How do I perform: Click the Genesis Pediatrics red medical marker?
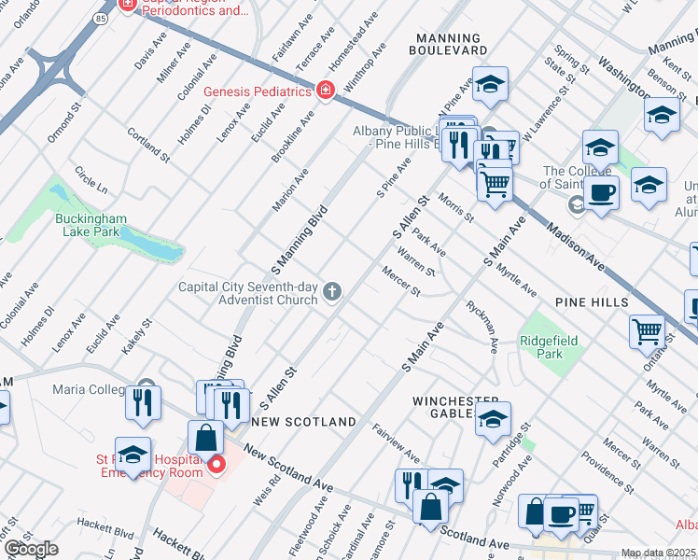325,91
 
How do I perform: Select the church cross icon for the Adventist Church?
331,294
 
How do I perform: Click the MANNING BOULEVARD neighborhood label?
451,43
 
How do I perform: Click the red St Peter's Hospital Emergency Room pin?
216,464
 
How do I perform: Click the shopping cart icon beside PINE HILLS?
648,330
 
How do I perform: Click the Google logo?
31,549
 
